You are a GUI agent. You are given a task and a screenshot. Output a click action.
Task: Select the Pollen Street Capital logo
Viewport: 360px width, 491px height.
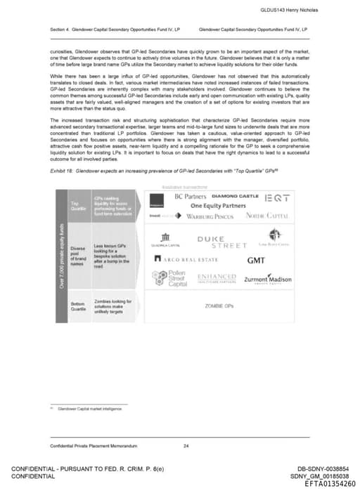coord(167,279)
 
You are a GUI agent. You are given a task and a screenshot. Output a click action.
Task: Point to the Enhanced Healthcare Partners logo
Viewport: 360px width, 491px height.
coord(216,279)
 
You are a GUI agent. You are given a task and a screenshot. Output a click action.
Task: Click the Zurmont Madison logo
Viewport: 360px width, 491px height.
coord(267,280)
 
